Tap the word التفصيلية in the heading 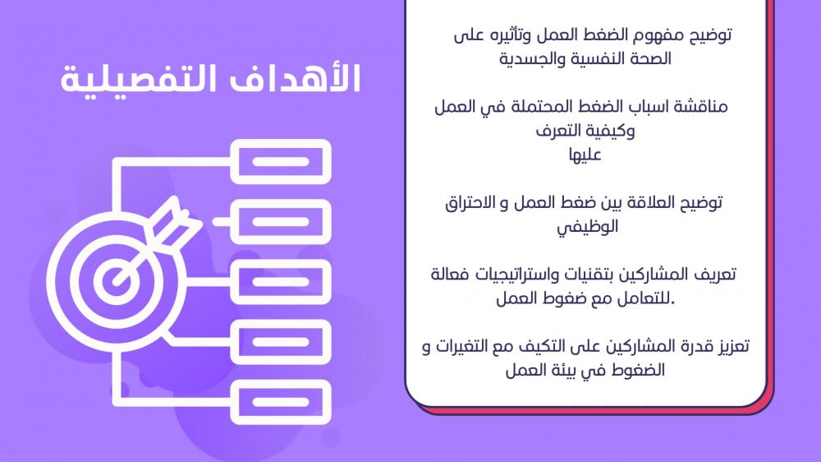(x=138, y=79)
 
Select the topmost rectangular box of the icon (x=281, y=161)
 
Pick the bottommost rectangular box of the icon (x=281, y=402)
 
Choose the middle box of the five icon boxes (x=281, y=282)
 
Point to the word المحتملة (x=534, y=107)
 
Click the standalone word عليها (x=585, y=155)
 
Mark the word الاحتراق (x=470, y=203)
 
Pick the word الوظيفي (x=588, y=227)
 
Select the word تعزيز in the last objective (x=732, y=347)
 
